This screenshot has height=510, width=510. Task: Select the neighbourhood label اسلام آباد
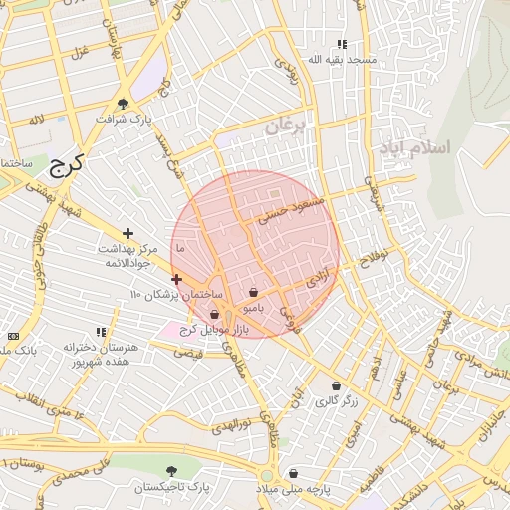[413, 147]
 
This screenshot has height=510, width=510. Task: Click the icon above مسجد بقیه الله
[342, 44]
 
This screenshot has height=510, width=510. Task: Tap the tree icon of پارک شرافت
[123, 103]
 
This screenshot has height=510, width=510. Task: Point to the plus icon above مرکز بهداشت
[127, 232]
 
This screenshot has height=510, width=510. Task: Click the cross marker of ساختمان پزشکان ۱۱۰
[176, 280]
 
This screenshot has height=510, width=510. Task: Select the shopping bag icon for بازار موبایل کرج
[214, 315]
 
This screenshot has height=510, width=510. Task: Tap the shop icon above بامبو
[254, 293]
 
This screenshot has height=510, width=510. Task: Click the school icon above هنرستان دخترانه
[100, 332]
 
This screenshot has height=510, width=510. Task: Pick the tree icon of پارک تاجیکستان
[172, 470]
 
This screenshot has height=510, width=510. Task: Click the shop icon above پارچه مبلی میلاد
[293, 473]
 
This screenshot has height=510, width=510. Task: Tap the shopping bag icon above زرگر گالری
[336, 386]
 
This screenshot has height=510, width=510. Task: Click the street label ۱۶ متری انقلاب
[52, 402]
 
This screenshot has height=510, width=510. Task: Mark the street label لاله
[37, 120]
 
